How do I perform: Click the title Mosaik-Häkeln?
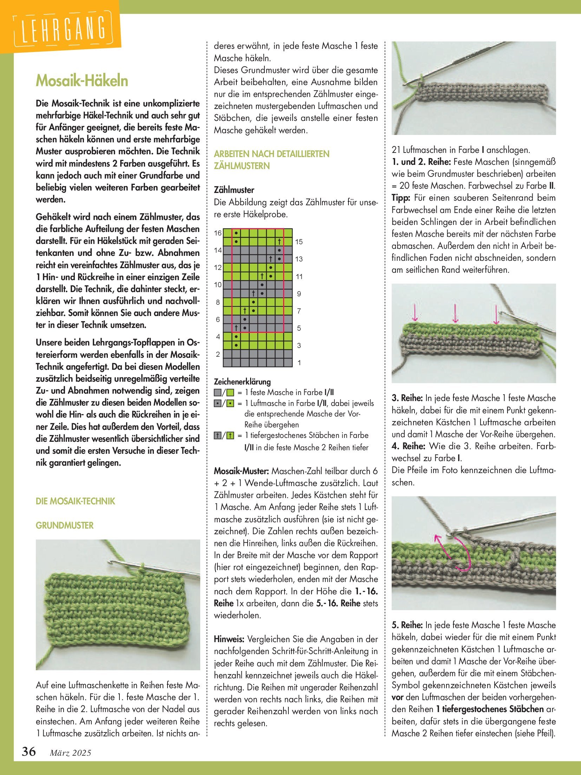82,81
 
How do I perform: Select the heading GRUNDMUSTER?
65,525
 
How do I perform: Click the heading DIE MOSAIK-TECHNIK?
75,501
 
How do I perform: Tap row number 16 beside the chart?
218,233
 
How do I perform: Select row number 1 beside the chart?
299,363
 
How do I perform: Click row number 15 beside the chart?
299,242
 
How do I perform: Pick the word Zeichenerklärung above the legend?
242,382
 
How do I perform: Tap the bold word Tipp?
401,198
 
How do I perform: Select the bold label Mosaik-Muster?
241,471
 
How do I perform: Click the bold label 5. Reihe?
407,625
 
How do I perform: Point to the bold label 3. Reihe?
407,398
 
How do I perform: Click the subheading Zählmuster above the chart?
234,190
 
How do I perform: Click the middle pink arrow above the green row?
455,313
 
